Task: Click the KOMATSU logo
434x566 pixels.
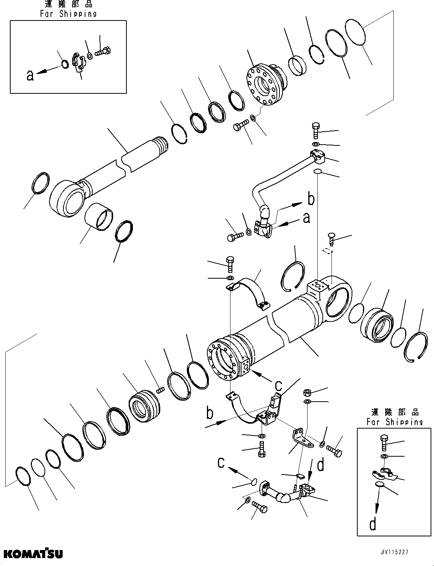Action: pos(33,553)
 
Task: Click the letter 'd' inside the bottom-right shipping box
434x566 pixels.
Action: pos(373,523)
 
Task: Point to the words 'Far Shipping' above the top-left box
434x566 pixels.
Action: pos(68,14)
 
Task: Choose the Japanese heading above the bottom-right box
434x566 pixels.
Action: pos(395,412)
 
